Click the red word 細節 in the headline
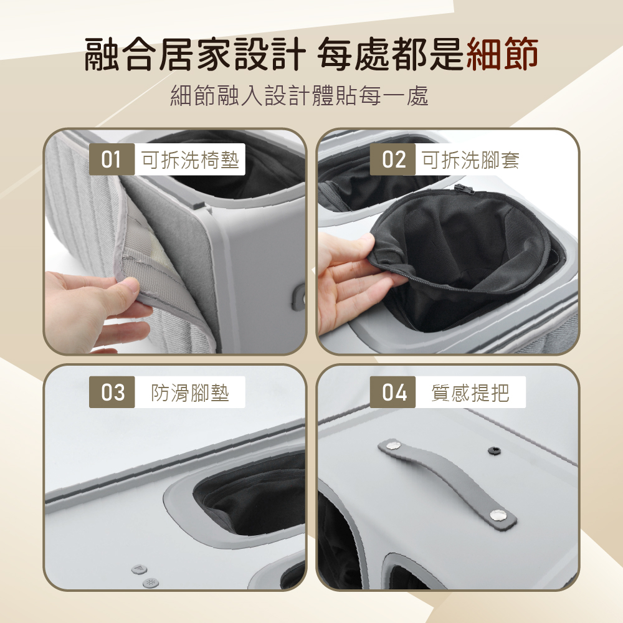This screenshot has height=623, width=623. (502, 54)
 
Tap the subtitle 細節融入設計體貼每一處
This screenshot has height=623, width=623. (299, 96)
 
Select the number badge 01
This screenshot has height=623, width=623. (112, 159)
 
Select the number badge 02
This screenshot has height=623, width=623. (392, 159)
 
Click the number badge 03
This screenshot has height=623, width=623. (112, 392)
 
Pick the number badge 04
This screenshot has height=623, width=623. (392, 392)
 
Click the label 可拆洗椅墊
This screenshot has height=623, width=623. (190, 159)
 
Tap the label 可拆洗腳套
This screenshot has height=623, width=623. (470, 159)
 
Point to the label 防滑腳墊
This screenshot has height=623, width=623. (190, 392)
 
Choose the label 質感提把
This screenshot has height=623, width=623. (470, 392)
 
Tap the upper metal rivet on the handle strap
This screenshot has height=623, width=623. (393, 445)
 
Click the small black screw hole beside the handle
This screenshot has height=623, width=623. (494, 450)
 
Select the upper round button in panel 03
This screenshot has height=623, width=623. (139, 569)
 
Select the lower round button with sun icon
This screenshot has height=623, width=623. (151, 583)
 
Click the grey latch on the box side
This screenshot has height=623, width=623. (299, 297)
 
